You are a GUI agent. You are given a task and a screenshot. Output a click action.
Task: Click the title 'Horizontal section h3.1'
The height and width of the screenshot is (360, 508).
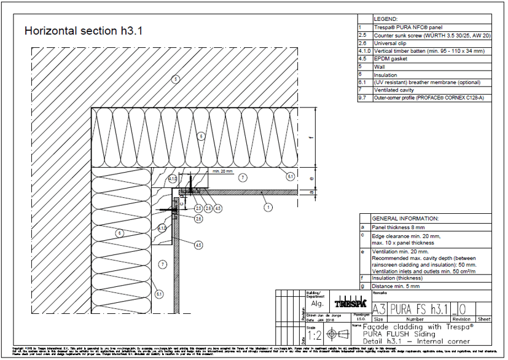click(83, 31)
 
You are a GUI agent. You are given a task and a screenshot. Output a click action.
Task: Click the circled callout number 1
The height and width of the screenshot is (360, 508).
click(268, 208)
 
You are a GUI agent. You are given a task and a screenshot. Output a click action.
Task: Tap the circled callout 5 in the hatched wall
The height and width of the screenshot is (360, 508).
click(174, 79)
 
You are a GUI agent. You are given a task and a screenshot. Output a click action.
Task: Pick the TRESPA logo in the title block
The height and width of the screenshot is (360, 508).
click(350, 304)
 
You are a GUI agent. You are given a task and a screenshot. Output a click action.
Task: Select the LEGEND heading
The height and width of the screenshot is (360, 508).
click(386, 19)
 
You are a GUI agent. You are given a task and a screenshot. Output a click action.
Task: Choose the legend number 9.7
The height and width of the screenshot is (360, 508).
click(362, 98)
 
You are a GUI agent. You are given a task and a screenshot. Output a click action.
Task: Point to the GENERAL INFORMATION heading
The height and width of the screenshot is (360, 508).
click(405, 218)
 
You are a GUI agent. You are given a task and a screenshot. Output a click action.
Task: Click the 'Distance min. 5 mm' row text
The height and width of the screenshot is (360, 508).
click(399, 286)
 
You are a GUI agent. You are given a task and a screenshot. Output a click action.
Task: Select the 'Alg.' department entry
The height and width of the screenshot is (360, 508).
click(317, 303)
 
